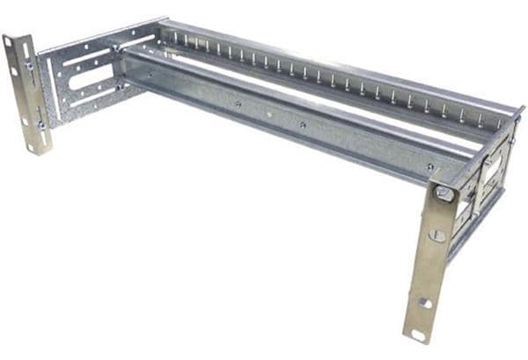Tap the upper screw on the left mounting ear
coord(29,65)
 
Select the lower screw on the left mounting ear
coord(40,126)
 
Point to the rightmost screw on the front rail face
coord(430,166)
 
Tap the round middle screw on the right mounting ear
coord(437,235)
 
